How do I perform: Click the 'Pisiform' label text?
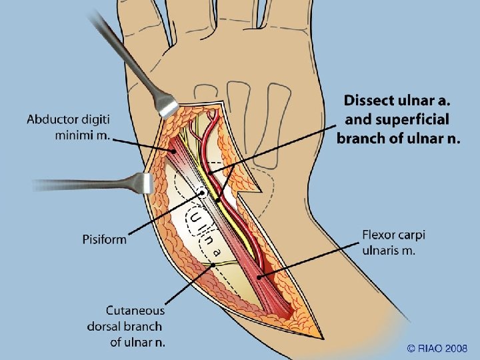click(105, 239)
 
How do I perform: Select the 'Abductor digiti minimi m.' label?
click(69, 128)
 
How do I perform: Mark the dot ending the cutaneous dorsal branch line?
click(212, 265)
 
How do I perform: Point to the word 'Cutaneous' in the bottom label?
click(135, 311)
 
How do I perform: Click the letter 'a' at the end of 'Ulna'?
click(217, 252)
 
